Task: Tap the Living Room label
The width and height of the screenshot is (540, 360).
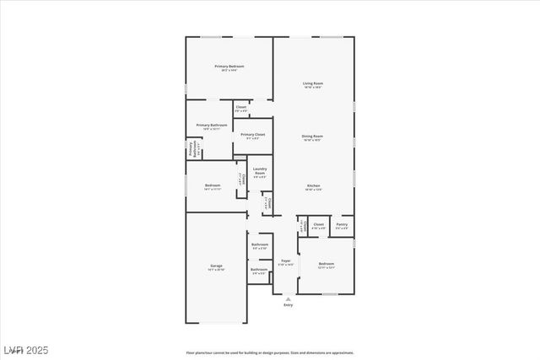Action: pos(314,83)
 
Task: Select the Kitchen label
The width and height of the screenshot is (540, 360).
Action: pos(313,185)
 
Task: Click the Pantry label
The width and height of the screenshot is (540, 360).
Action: pos(342,224)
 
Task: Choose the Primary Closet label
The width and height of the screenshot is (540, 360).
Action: pos(253,134)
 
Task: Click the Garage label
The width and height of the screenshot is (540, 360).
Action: pos(217,266)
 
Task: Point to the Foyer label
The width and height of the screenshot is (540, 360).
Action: pos(286,261)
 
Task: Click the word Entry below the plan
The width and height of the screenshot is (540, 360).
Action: pos(289,305)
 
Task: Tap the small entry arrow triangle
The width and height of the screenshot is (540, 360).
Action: pos(289,298)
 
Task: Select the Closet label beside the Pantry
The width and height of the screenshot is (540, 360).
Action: pos(318,224)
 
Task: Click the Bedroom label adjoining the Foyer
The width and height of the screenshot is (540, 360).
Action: pos(326,264)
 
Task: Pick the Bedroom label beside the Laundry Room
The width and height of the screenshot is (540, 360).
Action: pos(213,185)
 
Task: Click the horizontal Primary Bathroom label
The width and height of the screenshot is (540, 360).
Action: pos(212,125)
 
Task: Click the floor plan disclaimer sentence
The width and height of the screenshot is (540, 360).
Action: pos(270,352)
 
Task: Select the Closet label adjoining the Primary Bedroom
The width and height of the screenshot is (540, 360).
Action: pos(241,107)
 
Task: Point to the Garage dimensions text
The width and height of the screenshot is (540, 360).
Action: pos(217,270)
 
